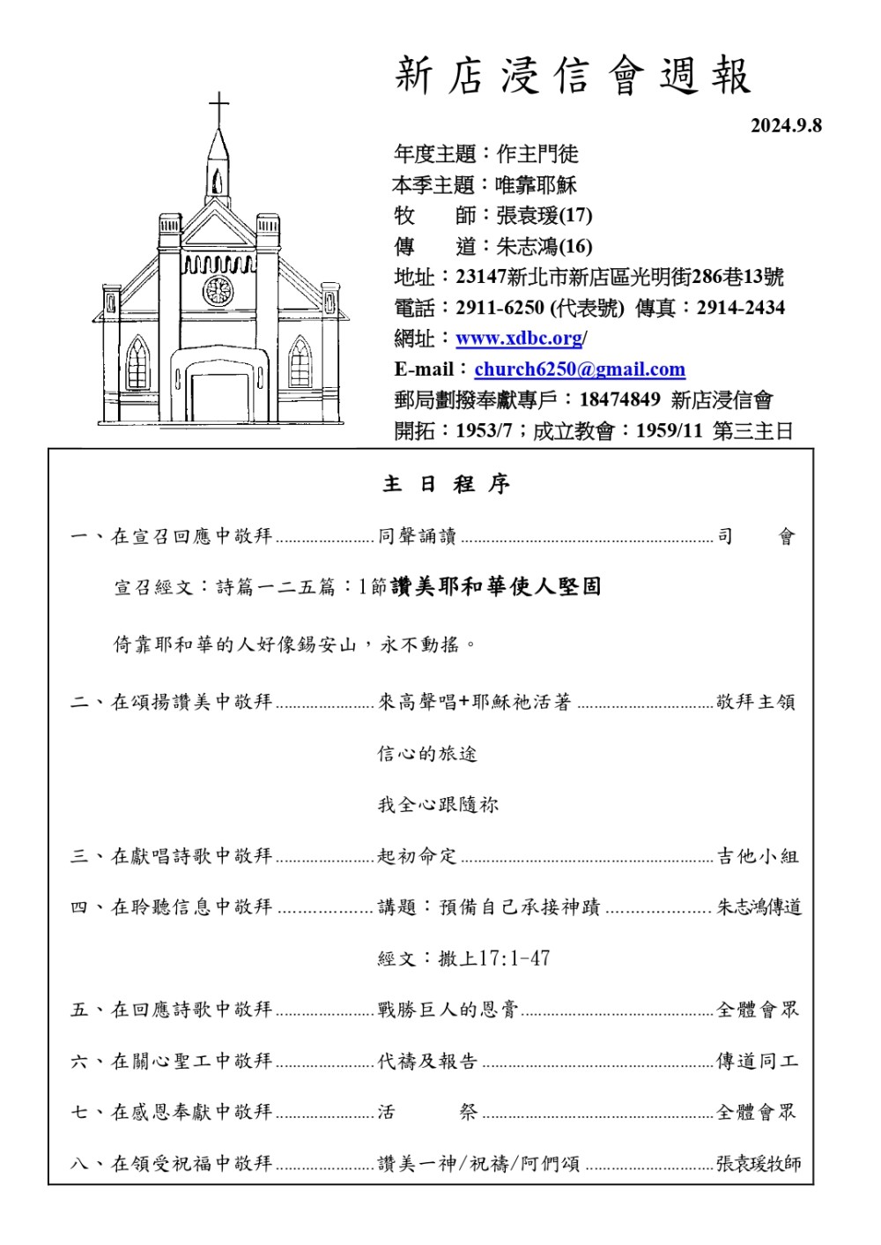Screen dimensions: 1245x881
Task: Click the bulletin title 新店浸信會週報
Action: coord(573,76)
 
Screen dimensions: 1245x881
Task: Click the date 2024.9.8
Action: coord(785,125)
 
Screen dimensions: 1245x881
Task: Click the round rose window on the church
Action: coord(218,289)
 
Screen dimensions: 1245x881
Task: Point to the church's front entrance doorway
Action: coord(219,397)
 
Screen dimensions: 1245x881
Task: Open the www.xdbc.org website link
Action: coord(519,339)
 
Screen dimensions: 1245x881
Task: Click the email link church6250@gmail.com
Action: coord(579,369)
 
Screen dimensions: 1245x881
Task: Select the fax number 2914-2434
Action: coord(740,308)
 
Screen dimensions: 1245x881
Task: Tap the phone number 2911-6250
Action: coord(500,308)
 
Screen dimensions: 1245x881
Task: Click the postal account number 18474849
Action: coord(619,399)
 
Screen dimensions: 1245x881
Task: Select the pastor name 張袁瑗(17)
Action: coord(544,215)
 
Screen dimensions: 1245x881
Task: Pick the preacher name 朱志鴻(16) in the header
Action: coord(544,246)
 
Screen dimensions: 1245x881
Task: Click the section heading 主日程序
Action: coord(446,483)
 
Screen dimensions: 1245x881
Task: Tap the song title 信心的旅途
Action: coord(427,753)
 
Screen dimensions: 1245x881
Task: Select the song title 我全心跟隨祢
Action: coord(438,804)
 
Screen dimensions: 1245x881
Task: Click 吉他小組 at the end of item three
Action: coord(757,855)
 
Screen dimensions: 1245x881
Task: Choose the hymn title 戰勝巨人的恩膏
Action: coord(448,1009)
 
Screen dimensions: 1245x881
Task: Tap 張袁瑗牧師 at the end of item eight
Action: coord(758,1163)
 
